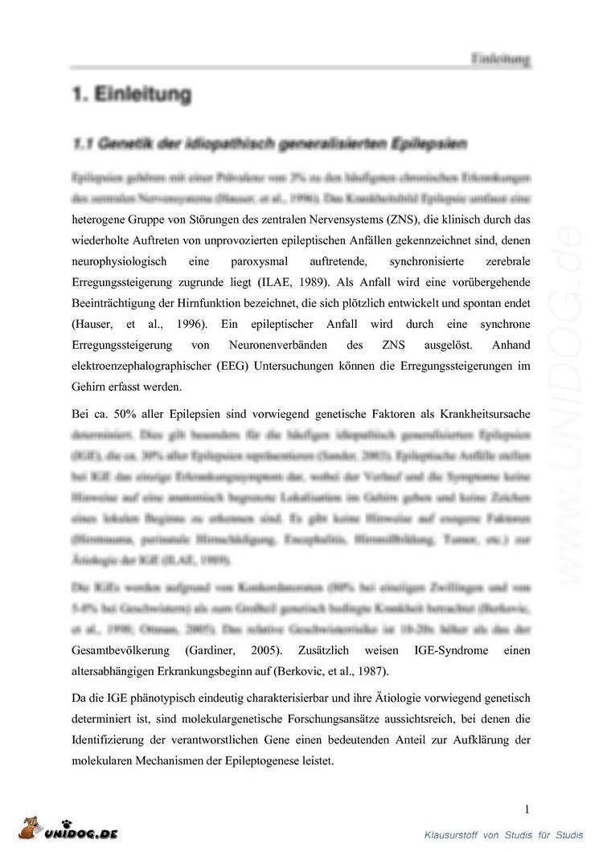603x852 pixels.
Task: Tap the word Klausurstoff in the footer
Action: [451, 836]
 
